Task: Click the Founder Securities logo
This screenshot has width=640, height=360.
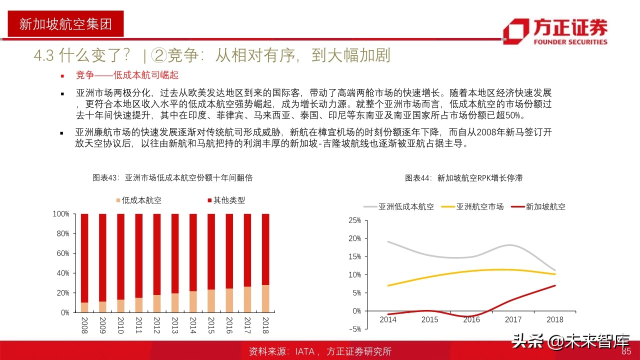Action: tap(555, 31)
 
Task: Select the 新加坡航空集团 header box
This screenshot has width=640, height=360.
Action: tap(65, 24)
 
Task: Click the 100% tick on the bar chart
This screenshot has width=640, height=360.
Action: tap(61, 214)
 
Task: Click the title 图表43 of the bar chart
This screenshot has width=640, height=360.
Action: tap(172, 178)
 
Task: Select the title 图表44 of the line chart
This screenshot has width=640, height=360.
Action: tap(463, 178)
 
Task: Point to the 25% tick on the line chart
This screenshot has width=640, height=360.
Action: tap(354, 220)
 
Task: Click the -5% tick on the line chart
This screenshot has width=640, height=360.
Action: tap(354, 329)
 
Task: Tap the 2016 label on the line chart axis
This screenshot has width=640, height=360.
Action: tap(471, 319)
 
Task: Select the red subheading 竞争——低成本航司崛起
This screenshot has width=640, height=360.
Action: tap(127, 75)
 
